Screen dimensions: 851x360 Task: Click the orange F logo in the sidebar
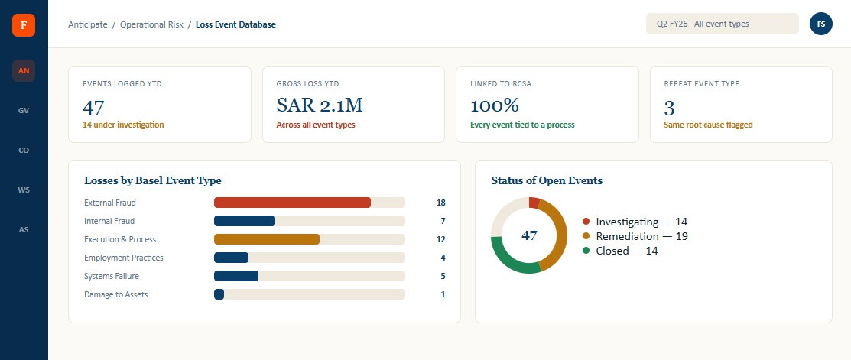point(24,25)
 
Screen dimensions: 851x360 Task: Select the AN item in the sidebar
point(24,70)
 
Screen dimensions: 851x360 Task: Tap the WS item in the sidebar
point(24,190)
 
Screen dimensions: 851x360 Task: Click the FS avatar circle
point(820,24)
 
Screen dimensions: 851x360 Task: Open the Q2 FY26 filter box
point(722,24)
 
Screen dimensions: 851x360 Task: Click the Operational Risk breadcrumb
point(152,24)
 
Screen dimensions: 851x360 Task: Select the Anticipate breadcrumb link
point(87,24)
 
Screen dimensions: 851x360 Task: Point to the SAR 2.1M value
point(319,105)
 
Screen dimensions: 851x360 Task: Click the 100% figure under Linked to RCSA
point(495,105)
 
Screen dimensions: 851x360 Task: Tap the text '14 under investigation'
point(123,125)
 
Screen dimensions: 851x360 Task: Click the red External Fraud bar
point(293,203)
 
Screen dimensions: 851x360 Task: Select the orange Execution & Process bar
point(267,239)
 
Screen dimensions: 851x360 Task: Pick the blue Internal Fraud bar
point(245,221)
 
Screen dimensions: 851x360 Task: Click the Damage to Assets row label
point(115,294)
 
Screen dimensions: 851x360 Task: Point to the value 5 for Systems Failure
point(443,276)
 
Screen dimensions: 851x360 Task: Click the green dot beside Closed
point(586,251)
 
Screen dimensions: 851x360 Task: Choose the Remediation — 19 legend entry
point(635,236)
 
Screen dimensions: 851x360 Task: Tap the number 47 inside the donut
point(529,235)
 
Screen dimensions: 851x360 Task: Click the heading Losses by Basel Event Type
point(153,180)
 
